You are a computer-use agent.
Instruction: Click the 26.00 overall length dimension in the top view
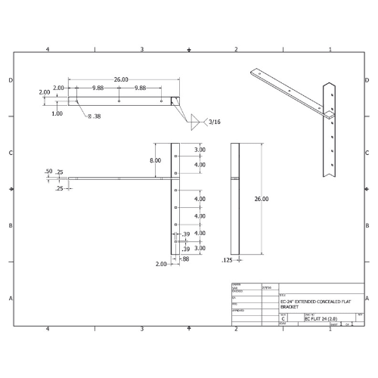coord(121,79)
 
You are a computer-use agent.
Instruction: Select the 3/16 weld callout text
coord(214,121)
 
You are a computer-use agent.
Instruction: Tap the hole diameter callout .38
coord(94,116)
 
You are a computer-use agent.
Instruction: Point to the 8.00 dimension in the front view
coord(154,160)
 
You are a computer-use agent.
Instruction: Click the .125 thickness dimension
coord(226,260)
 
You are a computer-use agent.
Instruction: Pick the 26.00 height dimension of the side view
coord(261,198)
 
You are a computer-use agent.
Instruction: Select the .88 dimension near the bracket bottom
coord(184,258)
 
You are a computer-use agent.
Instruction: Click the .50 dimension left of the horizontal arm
coord(49,172)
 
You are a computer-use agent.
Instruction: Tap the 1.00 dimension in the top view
coord(57,113)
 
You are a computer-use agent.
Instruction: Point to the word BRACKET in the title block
coord(290,308)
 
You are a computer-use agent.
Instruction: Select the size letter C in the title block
coord(283,319)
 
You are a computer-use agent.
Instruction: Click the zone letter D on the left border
coord(10,80)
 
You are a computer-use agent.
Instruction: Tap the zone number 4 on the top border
coord(48,49)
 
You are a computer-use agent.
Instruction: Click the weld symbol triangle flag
coord(195,120)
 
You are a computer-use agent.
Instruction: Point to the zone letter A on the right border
coord(368,298)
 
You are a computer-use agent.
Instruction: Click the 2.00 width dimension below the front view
coord(161,264)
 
